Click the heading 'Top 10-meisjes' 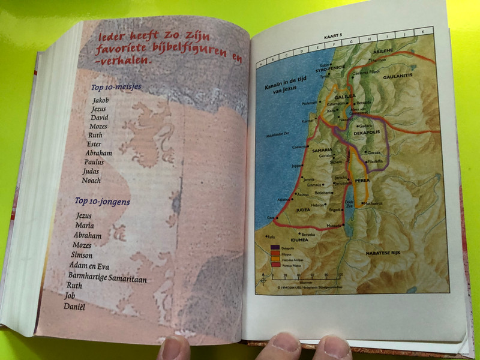tap(116, 87)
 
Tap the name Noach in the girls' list tap(92, 181)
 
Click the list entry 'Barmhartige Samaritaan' tap(107, 277)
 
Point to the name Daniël tap(74, 307)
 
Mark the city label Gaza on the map tap(271, 217)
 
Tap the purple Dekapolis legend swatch tap(274, 248)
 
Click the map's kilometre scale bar tap(306, 276)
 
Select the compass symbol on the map tap(263, 278)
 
